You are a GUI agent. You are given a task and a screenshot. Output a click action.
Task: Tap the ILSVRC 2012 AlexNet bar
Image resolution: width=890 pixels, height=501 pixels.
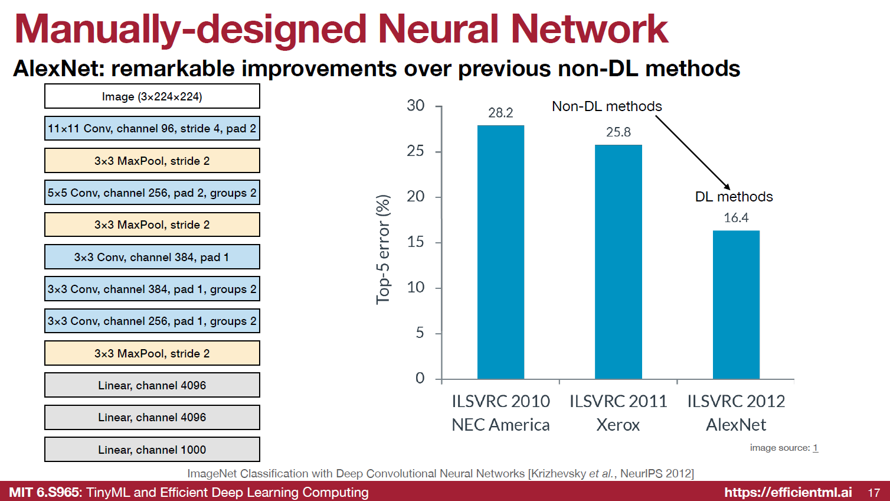point(736,305)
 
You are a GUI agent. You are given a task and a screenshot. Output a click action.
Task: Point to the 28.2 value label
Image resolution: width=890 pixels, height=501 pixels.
point(500,113)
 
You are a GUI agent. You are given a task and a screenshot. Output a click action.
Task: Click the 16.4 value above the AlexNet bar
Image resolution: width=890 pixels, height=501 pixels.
point(736,218)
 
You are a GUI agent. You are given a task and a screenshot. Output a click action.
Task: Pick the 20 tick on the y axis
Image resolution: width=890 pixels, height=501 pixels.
point(415,197)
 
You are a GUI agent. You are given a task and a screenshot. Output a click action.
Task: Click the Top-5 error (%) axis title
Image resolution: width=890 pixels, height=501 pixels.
point(384,249)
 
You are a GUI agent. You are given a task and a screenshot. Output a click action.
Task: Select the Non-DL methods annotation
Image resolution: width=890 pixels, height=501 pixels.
point(607,106)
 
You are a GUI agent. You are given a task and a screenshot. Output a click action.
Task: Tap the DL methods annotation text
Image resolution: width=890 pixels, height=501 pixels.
point(734,197)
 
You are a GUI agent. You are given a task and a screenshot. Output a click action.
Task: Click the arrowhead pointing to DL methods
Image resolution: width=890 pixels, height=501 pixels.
point(727,186)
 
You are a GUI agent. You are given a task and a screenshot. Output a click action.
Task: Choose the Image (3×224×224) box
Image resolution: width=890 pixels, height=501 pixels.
point(152,96)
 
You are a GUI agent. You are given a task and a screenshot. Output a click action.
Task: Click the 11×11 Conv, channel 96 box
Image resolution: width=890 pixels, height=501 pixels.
point(152,128)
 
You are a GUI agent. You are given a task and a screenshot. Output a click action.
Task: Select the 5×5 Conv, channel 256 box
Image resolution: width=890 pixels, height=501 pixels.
point(152,193)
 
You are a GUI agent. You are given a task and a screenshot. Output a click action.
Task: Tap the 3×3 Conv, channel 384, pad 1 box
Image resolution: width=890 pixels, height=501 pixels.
point(152,257)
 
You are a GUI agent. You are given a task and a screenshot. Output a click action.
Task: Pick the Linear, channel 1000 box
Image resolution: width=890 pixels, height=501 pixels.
point(152,450)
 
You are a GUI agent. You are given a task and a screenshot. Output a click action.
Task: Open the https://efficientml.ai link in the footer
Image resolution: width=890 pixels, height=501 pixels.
point(788,492)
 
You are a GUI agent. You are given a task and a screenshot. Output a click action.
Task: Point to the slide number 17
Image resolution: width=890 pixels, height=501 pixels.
point(874,493)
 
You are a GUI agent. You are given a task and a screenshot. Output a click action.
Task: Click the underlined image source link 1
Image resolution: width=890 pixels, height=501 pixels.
point(815,448)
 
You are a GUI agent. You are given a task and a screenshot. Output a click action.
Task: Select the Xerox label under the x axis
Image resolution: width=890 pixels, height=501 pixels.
point(618,425)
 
